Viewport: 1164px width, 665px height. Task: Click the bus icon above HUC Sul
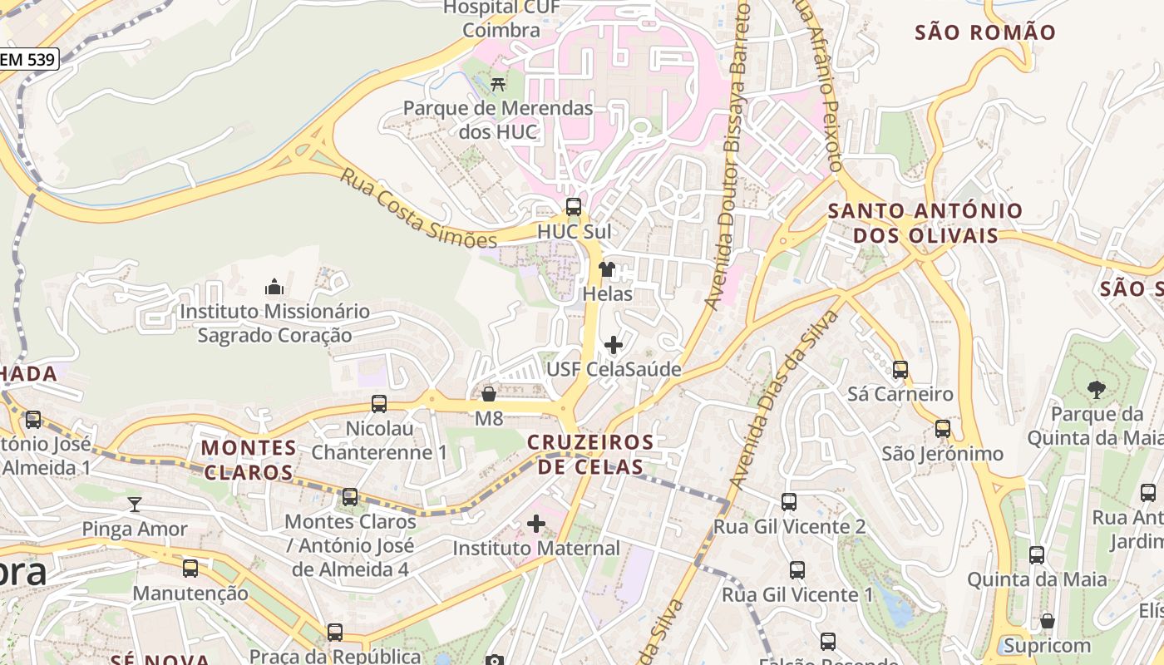(574, 207)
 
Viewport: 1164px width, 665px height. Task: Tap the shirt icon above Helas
(607, 269)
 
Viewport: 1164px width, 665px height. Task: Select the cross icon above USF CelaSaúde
(613, 344)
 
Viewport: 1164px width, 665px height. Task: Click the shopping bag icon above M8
(489, 393)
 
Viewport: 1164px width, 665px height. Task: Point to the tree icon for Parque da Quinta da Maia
(1097, 389)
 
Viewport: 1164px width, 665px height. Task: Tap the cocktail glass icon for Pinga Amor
(135, 504)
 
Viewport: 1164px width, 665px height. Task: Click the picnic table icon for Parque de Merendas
(498, 83)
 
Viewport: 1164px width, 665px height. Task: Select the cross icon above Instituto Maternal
(536, 524)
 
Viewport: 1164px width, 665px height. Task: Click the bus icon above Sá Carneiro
(900, 369)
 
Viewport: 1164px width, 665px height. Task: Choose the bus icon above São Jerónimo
(943, 429)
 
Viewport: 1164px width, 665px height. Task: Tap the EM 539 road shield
(28, 59)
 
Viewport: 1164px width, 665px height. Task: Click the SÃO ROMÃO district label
(985, 33)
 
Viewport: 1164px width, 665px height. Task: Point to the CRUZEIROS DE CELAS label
(590, 454)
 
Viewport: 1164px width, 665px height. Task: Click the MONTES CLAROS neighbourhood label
(249, 460)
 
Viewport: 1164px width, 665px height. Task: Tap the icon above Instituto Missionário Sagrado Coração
(274, 288)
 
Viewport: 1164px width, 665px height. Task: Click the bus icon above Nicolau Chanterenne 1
(379, 404)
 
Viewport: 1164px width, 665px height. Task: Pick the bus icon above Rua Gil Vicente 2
(789, 502)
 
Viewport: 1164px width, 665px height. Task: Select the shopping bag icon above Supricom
(1048, 621)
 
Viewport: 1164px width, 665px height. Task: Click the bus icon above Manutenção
(190, 569)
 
